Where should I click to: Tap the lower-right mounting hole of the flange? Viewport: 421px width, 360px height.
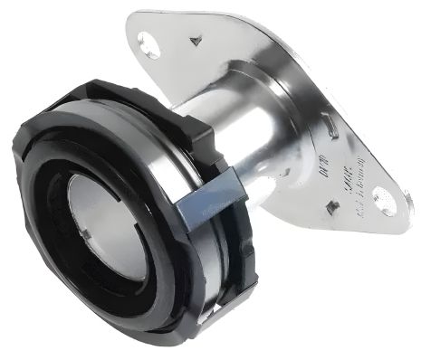coord(385,201)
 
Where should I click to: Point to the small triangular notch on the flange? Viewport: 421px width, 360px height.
coord(196,41)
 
